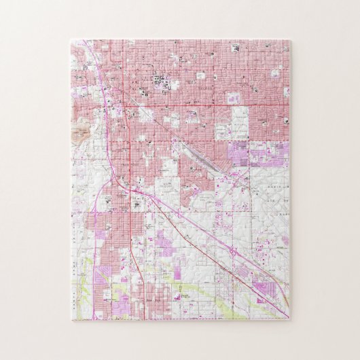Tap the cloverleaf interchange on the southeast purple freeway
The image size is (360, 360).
(232, 252)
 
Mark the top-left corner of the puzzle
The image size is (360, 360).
(70, 41)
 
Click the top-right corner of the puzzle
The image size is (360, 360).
(291, 41)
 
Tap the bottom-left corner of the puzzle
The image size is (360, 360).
(70, 320)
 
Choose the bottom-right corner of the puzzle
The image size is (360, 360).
(291, 320)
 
